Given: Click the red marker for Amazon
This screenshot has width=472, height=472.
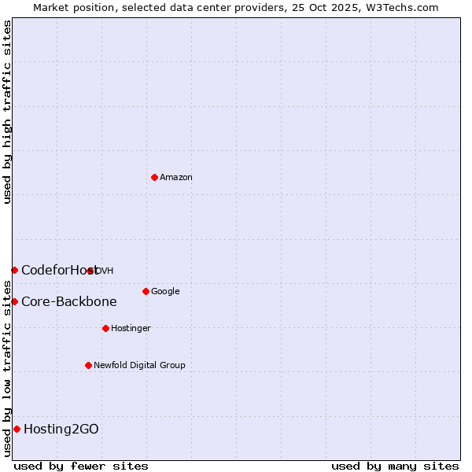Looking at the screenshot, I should coord(154,177).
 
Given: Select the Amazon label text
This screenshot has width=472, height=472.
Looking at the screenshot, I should coord(176,178).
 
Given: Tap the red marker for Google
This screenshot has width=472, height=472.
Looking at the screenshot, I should coord(146,291).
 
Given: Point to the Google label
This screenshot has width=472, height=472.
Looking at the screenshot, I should coord(165,292).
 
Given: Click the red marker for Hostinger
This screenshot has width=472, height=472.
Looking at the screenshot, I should coord(105,328).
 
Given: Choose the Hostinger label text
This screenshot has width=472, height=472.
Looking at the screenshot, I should coord(131,329).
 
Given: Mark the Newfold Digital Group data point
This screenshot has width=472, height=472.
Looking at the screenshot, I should coord(88,365).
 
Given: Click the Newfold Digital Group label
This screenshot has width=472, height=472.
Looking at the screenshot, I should coord(139,366).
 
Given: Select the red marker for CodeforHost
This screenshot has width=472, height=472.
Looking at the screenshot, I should coord(14,270).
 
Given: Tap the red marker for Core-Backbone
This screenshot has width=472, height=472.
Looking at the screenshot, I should coord(14,301).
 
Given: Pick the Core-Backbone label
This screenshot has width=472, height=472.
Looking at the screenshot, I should coord(69,302).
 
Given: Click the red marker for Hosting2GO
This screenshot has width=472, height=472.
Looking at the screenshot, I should coord(17,429).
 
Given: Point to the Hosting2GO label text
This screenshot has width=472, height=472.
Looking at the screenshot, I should coord(61,430).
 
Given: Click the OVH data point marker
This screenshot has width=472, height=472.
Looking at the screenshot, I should coord(90,271).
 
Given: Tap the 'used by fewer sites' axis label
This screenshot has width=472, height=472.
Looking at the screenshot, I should coord(81,466).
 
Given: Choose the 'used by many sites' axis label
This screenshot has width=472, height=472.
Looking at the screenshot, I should coord(395,466).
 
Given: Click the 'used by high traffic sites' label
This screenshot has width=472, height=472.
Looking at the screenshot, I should coord(7,112).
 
